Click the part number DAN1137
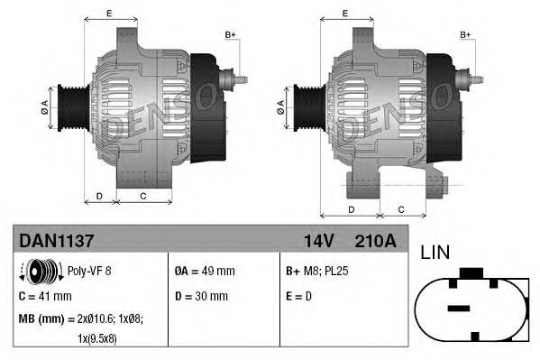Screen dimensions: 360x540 pos(53,242)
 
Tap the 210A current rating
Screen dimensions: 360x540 pos(376,242)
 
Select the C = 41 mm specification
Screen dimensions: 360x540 pos(45,296)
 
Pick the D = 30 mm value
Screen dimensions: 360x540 pos(201,296)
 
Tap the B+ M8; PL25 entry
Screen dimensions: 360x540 pos(316,271)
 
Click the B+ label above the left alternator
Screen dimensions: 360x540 pos(230,34)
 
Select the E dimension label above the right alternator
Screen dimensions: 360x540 pos(347,13)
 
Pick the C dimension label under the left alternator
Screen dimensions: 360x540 pos(143,195)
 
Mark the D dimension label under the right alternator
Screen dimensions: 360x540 pos(350,209)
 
